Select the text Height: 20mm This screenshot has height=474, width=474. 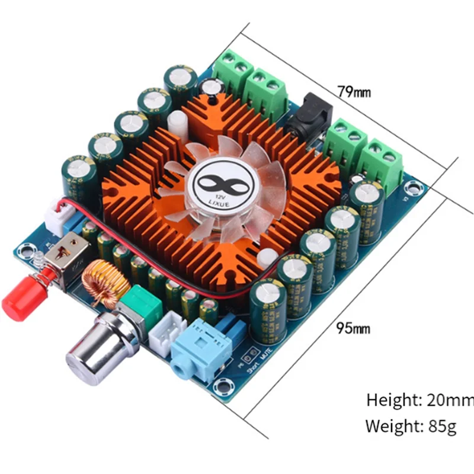419,400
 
